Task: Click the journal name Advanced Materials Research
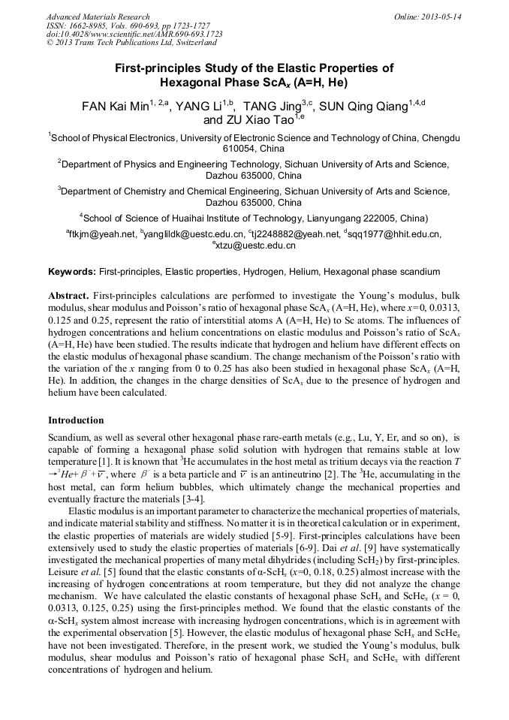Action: [98, 17]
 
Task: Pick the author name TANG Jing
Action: [273, 107]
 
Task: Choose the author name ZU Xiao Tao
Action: [261, 119]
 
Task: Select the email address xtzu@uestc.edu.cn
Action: [255, 246]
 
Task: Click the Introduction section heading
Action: [76, 420]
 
